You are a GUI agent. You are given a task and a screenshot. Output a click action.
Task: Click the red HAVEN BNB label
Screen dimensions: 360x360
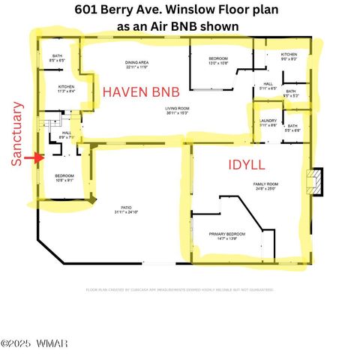pyautogui.click(x=142, y=92)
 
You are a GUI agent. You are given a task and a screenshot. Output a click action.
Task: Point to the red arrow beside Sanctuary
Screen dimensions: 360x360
pyautogui.click(x=31, y=158)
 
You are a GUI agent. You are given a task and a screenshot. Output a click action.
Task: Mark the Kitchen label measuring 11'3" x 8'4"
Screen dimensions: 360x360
pyautogui.click(x=66, y=88)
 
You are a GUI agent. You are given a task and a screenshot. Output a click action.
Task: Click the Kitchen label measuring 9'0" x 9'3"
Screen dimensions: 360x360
pyautogui.click(x=289, y=56)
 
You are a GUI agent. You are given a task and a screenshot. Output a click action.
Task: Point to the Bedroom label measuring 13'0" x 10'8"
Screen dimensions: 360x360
pyautogui.click(x=218, y=60)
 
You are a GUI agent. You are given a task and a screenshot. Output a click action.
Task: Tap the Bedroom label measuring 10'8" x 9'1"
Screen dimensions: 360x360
pyautogui.click(x=64, y=177)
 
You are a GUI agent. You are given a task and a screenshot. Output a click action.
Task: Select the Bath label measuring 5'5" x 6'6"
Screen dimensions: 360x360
pyautogui.click(x=292, y=128)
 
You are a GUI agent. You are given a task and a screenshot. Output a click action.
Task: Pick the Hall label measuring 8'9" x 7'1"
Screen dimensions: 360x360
pyautogui.click(x=66, y=135)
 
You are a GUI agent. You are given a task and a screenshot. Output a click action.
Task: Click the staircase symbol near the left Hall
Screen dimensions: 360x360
pyautogui.click(x=50, y=121)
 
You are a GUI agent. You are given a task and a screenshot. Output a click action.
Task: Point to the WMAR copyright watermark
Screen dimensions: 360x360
pyautogui.click(x=34, y=343)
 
